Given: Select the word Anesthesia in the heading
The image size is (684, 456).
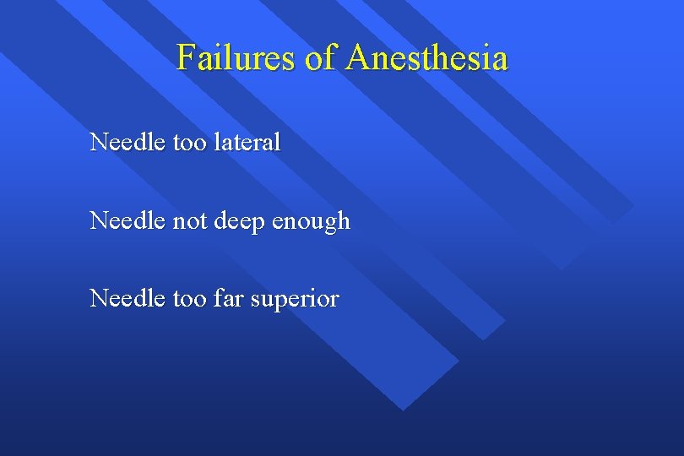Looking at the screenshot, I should coord(426,58).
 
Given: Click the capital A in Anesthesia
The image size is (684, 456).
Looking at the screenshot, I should coord(356,58).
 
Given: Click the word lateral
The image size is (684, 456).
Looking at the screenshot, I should coord(248,142).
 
